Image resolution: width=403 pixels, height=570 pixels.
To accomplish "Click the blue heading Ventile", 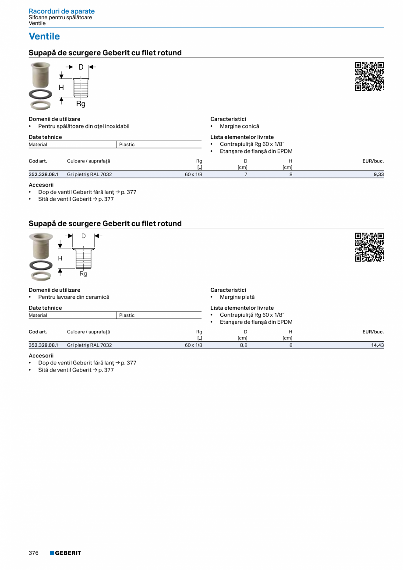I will pos(44,36).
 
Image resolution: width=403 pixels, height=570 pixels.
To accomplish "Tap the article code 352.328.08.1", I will pos(43,174).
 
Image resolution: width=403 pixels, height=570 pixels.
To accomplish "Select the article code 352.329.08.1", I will pos(43,345).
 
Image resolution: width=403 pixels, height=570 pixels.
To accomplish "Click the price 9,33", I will pos(379,174).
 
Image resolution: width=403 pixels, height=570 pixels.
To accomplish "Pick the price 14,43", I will pos(378,345).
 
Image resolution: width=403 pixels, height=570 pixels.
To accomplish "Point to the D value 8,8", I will pos(244,345).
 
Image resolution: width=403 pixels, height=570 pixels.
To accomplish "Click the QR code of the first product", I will pos(369,77).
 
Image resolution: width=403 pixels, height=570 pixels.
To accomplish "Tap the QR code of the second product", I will pos(369,247).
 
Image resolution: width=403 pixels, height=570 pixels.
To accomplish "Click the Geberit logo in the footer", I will pos(65,553).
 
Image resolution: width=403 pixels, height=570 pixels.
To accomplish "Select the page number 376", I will pos(34,553).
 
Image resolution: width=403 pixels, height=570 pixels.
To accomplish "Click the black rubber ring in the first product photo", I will pos(40,94).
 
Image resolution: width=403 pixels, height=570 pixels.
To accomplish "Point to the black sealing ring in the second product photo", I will pos(40,265).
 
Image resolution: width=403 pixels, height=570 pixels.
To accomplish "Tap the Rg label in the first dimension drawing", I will pos(81,104).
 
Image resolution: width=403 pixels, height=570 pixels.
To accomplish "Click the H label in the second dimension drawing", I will pos(60,258).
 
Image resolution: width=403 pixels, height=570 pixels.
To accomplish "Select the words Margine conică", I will pos(239,126).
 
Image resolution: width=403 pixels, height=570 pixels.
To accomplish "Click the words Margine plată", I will pos(237,297).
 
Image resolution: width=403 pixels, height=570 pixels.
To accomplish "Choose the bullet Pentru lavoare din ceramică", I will pos(74,297).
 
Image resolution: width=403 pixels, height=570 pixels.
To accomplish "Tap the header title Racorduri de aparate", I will pos(62,11).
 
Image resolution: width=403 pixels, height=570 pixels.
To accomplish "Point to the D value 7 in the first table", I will pos(246,174).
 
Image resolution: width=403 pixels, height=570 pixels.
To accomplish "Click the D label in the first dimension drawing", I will pos(81,67).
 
